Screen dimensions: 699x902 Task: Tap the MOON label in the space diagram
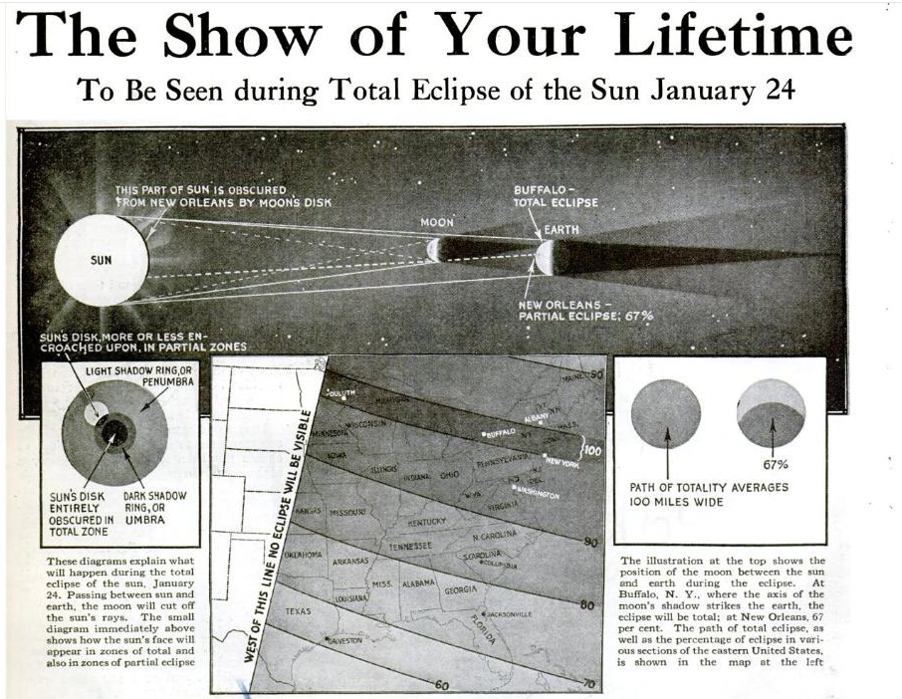[x=436, y=222]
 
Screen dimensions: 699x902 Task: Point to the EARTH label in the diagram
[x=561, y=230]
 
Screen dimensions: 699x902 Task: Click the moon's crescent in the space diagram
[x=434, y=249]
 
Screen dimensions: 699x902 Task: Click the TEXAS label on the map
[x=299, y=610]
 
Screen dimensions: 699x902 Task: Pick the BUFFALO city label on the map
[x=502, y=432]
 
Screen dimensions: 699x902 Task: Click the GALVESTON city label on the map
[x=343, y=640]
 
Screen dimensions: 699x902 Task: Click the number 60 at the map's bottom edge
[x=440, y=685]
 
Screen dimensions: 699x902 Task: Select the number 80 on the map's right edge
[x=586, y=604]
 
